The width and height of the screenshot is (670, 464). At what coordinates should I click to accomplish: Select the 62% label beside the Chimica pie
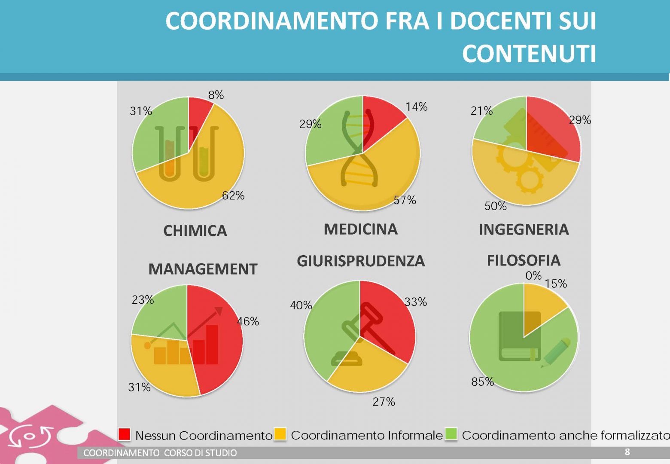pyautogui.click(x=233, y=195)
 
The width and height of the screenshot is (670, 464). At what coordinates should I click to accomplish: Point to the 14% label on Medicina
pyautogui.click(x=416, y=107)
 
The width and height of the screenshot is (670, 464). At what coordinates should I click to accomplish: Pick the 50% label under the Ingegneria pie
pyautogui.click(x=495, y=206)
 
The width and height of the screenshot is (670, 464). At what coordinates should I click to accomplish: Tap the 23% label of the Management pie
pyautogui.click(x=143, y=299)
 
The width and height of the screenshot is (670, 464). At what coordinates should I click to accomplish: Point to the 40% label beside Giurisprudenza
pyautogui.click(x=301, y=305)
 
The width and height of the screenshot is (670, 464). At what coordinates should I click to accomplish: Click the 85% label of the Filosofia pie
pyautogui.click(x=482, y=382)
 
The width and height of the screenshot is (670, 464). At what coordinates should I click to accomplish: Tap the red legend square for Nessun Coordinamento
pyautogui.click(x=124, y=434)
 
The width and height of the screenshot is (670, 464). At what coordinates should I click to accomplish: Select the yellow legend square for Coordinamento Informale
pyautogui.click(x=280, y=434)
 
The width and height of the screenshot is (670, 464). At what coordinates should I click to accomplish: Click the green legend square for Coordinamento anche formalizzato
pyautogui.click(x=451, y=434)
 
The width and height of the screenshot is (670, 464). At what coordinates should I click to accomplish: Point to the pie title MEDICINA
pyautogui.click(x=360, y=229)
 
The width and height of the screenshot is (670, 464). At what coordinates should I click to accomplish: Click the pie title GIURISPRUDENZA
pyautogui.click(x=360, y=261)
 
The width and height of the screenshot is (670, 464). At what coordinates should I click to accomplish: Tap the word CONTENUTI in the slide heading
pyautogui.click(x=529, y=54)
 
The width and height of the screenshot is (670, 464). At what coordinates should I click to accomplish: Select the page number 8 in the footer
pyautogui.click(x=627, y=452)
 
